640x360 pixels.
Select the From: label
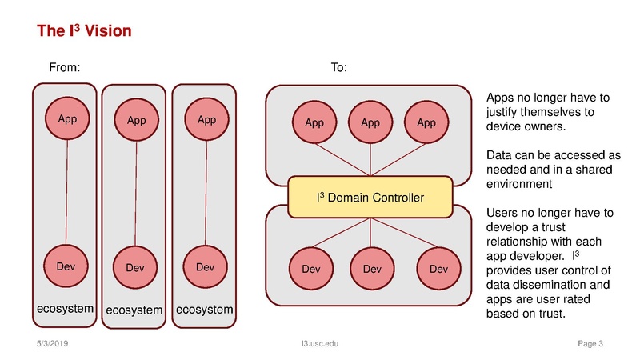tap(66, 68)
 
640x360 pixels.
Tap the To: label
tap(338, 68)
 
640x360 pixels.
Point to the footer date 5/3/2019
tap(53, 344)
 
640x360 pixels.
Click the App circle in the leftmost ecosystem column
tap(67, 119)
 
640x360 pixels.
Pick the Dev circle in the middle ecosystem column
tap(136, 268)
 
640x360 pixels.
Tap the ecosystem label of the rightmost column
tap(205, 309)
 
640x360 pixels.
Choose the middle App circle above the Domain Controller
tap(370, 122)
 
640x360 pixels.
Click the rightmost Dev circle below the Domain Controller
tap(438, 269)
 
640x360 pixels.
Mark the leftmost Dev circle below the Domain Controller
tap(311, 269)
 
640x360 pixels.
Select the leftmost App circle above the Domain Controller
tap(314, 122)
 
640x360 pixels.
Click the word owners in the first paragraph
tap(546, 126)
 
